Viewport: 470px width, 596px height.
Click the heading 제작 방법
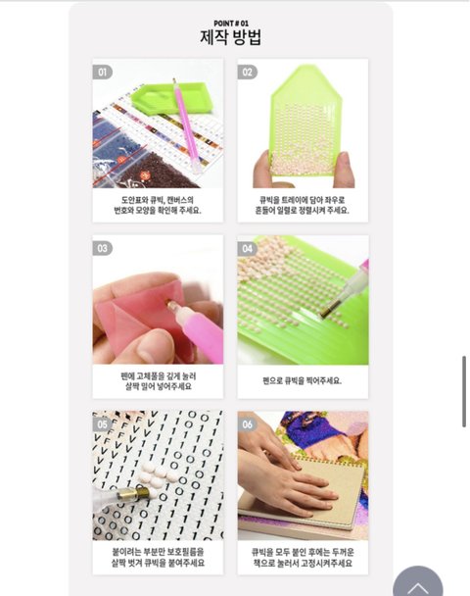[230, 37]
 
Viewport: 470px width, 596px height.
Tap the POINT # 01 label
[231, 24]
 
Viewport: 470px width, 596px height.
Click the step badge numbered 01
[102, 72]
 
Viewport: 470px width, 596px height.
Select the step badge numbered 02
[247, 72]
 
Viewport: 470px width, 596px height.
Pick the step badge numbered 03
[102, 248]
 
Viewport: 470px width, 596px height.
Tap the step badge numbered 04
[247, 248]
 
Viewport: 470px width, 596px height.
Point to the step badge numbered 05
[102, 424]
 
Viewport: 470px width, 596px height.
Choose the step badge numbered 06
[247, 424]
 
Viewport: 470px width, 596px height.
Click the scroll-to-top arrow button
[417, 581]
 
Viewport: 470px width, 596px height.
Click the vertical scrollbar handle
[464, 391]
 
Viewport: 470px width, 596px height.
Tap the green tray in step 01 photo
[171, 98]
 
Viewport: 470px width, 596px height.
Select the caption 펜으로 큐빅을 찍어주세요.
[303, 380]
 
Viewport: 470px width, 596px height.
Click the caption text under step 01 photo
[158, 205]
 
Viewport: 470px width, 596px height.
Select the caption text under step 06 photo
[303, 557]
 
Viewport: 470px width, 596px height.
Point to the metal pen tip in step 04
[330, 308]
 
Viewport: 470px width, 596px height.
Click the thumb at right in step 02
[345, 170]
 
